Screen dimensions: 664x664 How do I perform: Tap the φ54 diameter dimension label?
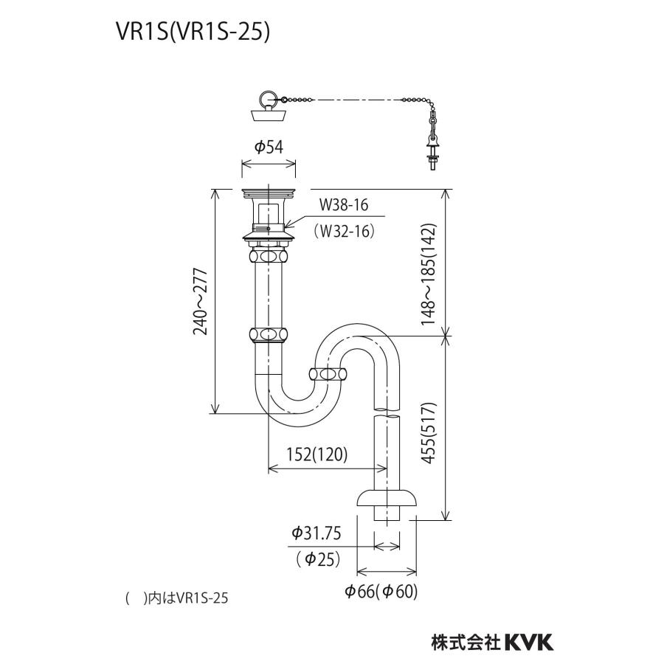(269, 147)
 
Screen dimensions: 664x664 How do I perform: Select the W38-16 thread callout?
(343, 204)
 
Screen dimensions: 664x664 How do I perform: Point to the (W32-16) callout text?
(345, 230)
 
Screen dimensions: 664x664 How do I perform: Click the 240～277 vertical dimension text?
(200, 301)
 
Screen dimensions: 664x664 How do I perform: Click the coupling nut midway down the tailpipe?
(269, 334)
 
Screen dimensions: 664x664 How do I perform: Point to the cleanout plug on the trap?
(328, 374)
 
